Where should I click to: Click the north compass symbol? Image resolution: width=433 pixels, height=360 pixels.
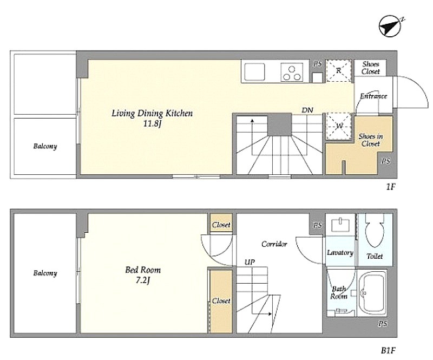(390, 27)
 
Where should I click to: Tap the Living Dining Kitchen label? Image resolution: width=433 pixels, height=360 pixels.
(152, 113)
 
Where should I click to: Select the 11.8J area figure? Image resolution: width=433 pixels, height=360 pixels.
(152, 123)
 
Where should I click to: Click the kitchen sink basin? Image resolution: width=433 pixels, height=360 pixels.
(254, 72)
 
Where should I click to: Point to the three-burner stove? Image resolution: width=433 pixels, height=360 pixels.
(292, 72)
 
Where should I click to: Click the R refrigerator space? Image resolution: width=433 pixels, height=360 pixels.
(339, 71)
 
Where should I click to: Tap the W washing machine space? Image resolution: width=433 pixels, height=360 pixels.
(339, 127)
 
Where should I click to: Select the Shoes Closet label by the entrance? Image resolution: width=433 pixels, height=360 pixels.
(371, 68)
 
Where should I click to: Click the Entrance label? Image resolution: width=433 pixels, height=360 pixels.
(373, 96)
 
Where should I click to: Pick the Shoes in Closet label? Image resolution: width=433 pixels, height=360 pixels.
(371, 140)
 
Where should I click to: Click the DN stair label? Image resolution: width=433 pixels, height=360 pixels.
(307, 110)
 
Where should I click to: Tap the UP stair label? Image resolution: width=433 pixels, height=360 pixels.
(250, 262)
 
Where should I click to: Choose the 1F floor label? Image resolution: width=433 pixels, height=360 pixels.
(390, 187)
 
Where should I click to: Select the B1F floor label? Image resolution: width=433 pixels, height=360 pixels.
(388, 350)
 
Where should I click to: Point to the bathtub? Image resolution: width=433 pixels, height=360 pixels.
(372, 293)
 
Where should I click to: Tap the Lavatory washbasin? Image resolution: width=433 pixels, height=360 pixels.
(341, 225)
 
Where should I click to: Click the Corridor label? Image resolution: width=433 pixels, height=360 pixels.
(274, 244)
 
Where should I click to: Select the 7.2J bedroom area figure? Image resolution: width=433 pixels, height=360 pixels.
(143, 280)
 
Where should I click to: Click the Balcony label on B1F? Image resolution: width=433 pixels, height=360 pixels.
(45, 273)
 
